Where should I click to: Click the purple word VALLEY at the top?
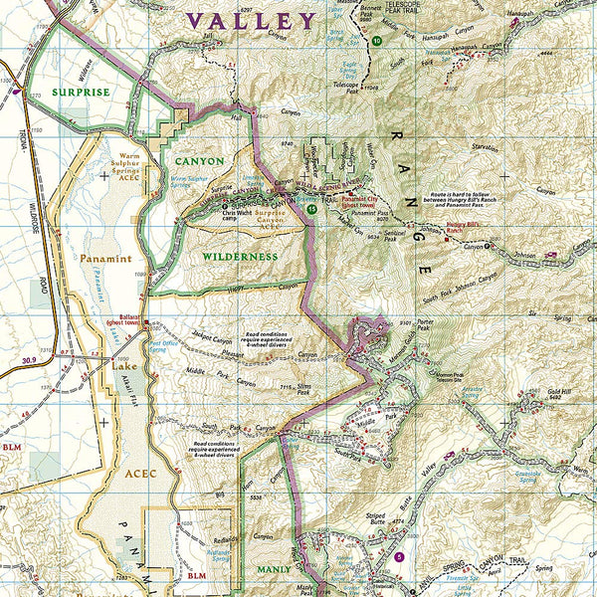[x=251, y=20]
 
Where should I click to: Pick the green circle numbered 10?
[x=377, y=42]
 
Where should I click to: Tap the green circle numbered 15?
[x=312, y=210]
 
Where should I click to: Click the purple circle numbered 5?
[x=399, y=557]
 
